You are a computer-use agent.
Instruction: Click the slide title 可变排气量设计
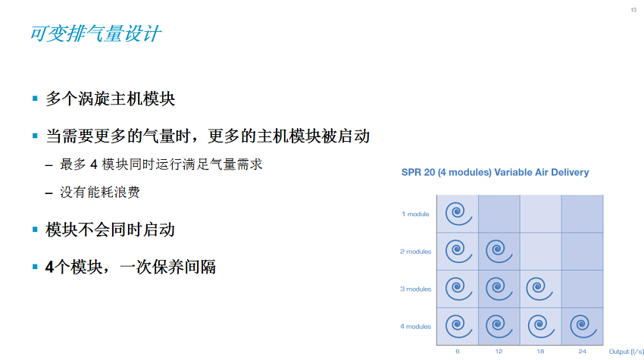coord(95,33)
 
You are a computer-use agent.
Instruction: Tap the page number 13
coord(633,10)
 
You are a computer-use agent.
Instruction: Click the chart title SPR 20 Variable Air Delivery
coord(495,172)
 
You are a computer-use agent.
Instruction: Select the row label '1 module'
coord(415,214)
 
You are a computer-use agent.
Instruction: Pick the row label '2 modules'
coord(416,252)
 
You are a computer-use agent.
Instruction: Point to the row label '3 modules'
coord(416,289)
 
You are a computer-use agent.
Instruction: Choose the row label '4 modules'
coord(416,327)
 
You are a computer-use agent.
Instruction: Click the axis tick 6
coord(457,352)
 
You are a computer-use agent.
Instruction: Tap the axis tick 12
coord(499,352)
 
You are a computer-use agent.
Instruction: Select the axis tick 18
coord(540,352)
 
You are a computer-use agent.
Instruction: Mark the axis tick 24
coord(583,352)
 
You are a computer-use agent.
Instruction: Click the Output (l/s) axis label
coord(627,352)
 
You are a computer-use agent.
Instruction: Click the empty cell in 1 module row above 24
coord(583,214)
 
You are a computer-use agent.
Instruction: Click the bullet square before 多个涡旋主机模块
coord(35,99)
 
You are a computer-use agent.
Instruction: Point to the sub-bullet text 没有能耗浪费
coord(100,192)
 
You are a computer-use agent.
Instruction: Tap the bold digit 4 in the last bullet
coord(49,267)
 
